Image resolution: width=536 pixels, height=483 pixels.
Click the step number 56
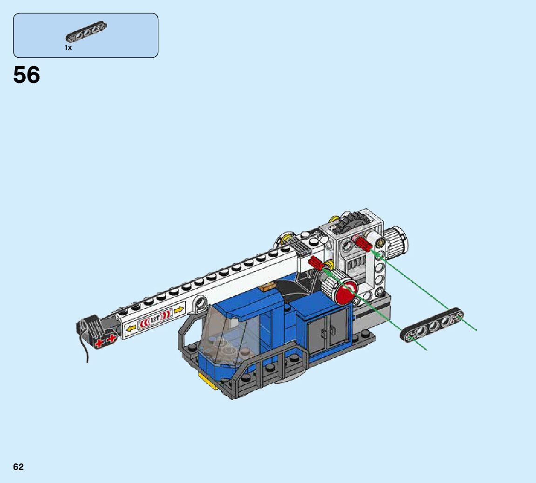pyautogui.click(x=27, y=75)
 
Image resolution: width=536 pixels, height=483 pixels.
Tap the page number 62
pyautogui.click(x=19, y=467)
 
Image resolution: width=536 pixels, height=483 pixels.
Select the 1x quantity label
pyautogui.click(x=68, y=48)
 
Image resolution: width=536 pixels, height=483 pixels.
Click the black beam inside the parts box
pyautogui.click(x=86, y=31)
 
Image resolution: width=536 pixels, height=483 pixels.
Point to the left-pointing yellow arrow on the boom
pyautogui.click(x=131, y=329)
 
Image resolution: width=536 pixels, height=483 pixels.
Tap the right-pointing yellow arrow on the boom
pyautogui.click(x=179, y=310)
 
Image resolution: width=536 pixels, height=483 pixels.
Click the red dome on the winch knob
pyautogui.click(x=345, y=292)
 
